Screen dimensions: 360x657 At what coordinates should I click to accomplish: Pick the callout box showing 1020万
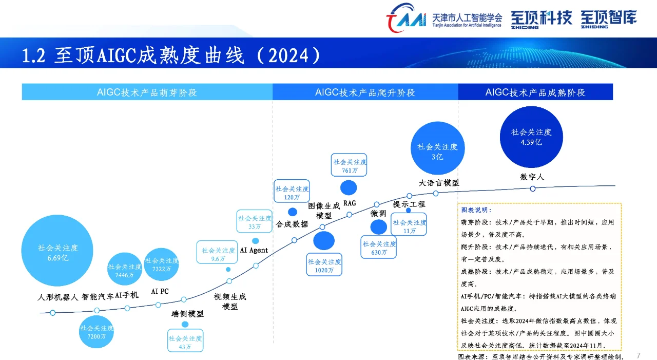coord(324,266)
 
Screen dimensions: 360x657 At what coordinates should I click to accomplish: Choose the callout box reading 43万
coord(185,343)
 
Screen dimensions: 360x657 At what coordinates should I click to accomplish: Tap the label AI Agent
coord(254,251)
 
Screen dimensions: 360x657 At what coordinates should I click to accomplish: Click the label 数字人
coord(532,177)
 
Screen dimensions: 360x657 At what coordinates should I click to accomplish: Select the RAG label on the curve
coord(350,203)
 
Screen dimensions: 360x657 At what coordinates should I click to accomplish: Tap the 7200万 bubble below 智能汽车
coord(96,332)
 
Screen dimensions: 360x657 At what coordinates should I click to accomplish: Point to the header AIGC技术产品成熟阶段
coord(535,92)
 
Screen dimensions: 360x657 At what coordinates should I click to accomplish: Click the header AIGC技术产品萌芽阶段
coord(147,92)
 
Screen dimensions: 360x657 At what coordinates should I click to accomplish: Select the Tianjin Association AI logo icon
coord(406,18)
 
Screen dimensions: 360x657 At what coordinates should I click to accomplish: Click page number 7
coord(639,355)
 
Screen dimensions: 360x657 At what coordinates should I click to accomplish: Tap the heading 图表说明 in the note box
coord(476,210)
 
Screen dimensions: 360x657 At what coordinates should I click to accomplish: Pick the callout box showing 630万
coord(379,248)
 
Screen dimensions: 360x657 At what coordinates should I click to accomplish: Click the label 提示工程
coord(409,204)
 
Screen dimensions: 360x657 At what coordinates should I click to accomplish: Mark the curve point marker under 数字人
coord(533,188)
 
